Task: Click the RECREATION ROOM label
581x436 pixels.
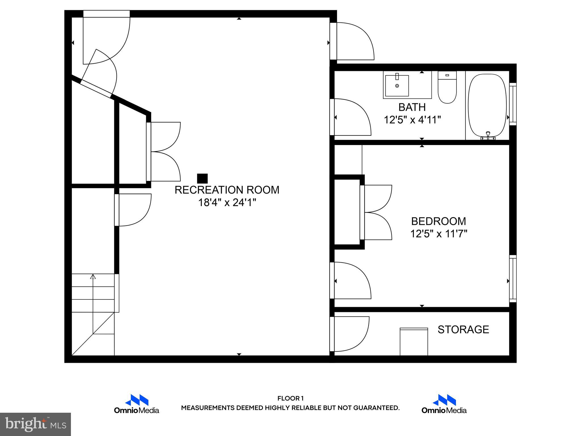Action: (x=227, y=190)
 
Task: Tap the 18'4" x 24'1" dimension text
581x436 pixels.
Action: (x=227, y=203)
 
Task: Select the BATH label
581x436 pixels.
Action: (x=412, y=107)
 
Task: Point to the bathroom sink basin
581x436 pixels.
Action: (x=397, y=85)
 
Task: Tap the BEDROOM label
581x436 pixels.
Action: (x=438, y=221)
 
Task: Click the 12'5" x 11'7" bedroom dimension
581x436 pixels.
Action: (x=439, y=234)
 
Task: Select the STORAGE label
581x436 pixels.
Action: (x=463, y=330)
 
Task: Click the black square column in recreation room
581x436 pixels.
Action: (x=202, y=179)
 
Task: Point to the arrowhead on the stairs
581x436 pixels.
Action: (x=93, y=277)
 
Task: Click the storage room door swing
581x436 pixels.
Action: (x=352, y=334)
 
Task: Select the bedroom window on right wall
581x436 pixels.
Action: (x=513, y=278)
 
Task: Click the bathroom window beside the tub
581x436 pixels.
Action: (x=513, y=104)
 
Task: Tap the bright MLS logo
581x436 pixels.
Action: (x=35, y=424)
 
